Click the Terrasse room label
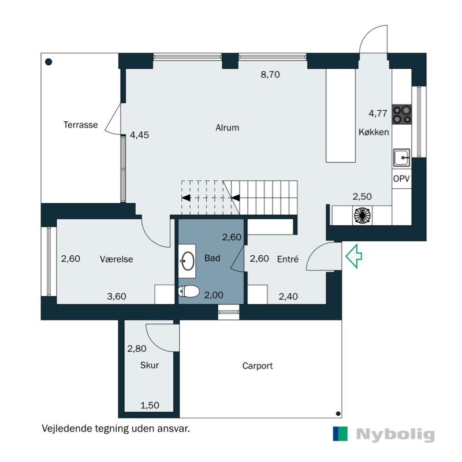click(x=80, y=125)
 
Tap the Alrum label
click(x=227, y=128)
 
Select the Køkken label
click(x=374, y=132)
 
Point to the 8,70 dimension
click(x=270, y=74)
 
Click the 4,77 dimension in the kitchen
click(x=378, y=113)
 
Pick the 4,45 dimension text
click(x=139, y=135)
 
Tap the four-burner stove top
click(x=401, y=114)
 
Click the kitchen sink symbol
click(x=401, y=158)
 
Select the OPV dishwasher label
click(x=401, y=178)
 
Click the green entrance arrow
click(x=353, y=256)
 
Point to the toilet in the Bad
click(x=189, y=291)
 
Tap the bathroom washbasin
click(x=188, y=261)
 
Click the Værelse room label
click(x=117, y=259)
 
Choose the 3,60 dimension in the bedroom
click(x=117, y=296)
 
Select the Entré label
click(x=288, y=259)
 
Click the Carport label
click(x=258, y=366)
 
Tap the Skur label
click(x=150, y=366)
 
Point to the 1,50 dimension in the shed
click(x=150, y=406)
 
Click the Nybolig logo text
click(x=396, y=435)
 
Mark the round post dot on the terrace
click(x=49, y=62)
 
